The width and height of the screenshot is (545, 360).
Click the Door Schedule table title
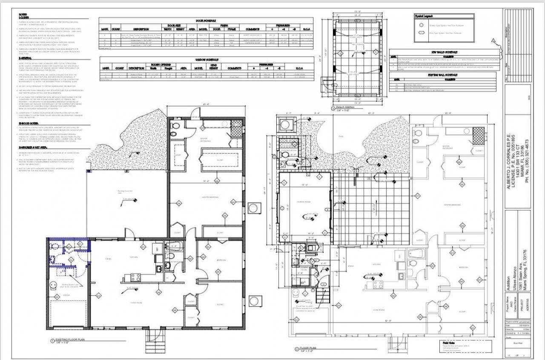pyautogui.click(x=206, y=20)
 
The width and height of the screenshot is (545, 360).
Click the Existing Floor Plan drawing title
pyautogui.click(x=71, y=340)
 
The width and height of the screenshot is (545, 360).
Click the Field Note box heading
pyautogui.click(x=444, y=342)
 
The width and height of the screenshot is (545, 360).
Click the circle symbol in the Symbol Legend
pyautogui.click(x=421, y=25)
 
